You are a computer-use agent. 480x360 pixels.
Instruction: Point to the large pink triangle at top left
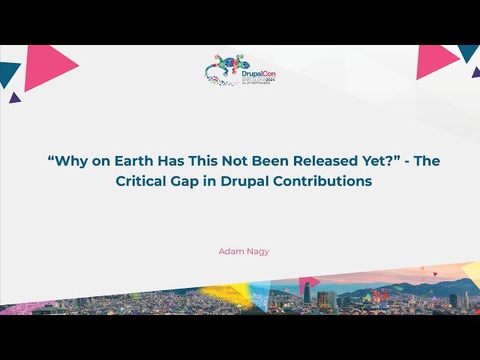tap(46, 66)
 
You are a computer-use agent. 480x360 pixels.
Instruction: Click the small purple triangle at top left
tap(14, 97)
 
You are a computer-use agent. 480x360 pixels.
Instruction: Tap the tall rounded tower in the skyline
tap(307, 292)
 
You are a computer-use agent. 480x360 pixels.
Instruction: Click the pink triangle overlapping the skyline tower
tap(308, 283)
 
